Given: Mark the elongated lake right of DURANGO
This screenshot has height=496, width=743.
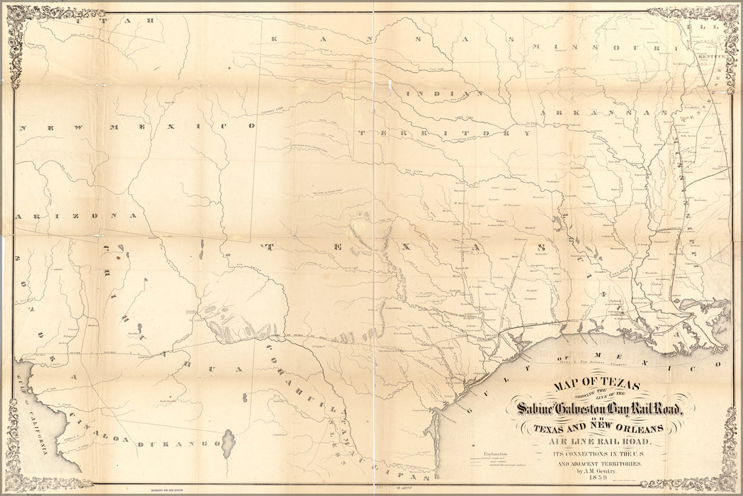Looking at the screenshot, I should [x=228, y=444].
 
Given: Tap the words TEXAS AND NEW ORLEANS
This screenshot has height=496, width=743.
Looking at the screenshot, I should [x=599, y=427].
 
